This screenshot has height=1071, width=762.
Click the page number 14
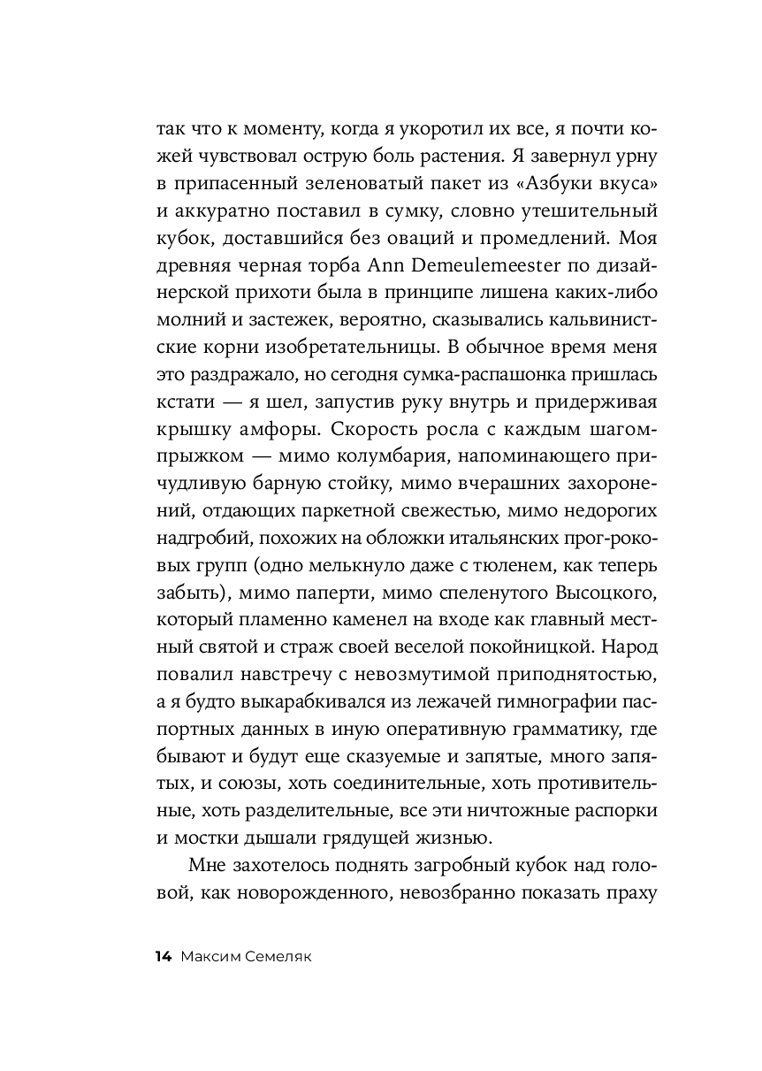[x=162, y=956]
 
